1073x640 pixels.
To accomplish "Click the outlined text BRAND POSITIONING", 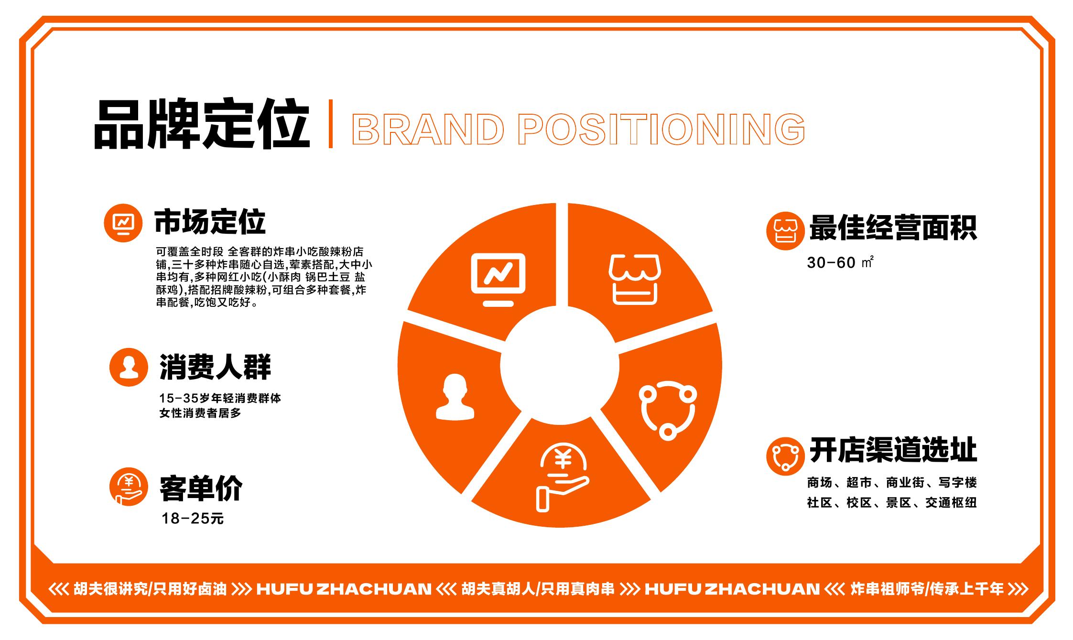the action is point(579,129).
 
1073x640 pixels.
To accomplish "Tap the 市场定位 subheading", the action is point(210,222).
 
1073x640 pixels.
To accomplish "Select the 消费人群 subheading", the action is point(215,367).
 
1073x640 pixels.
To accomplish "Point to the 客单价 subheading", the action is point(201,488).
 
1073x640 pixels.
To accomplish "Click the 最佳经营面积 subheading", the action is point(893,228).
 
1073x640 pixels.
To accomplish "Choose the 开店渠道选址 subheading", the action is point(893,450).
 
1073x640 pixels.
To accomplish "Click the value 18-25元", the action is point(193,519).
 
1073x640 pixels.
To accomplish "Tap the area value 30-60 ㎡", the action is point(840,262).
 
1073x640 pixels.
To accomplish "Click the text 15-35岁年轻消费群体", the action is point(220,398).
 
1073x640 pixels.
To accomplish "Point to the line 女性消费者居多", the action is point(200,413).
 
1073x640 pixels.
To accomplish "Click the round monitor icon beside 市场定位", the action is point(123,223).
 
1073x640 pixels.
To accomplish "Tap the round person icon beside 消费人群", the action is point(129,367).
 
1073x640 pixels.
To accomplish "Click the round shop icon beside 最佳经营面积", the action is point(785,231).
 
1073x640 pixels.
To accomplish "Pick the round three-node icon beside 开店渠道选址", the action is point(785,456).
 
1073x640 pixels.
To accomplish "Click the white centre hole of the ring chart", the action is point(560,366).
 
